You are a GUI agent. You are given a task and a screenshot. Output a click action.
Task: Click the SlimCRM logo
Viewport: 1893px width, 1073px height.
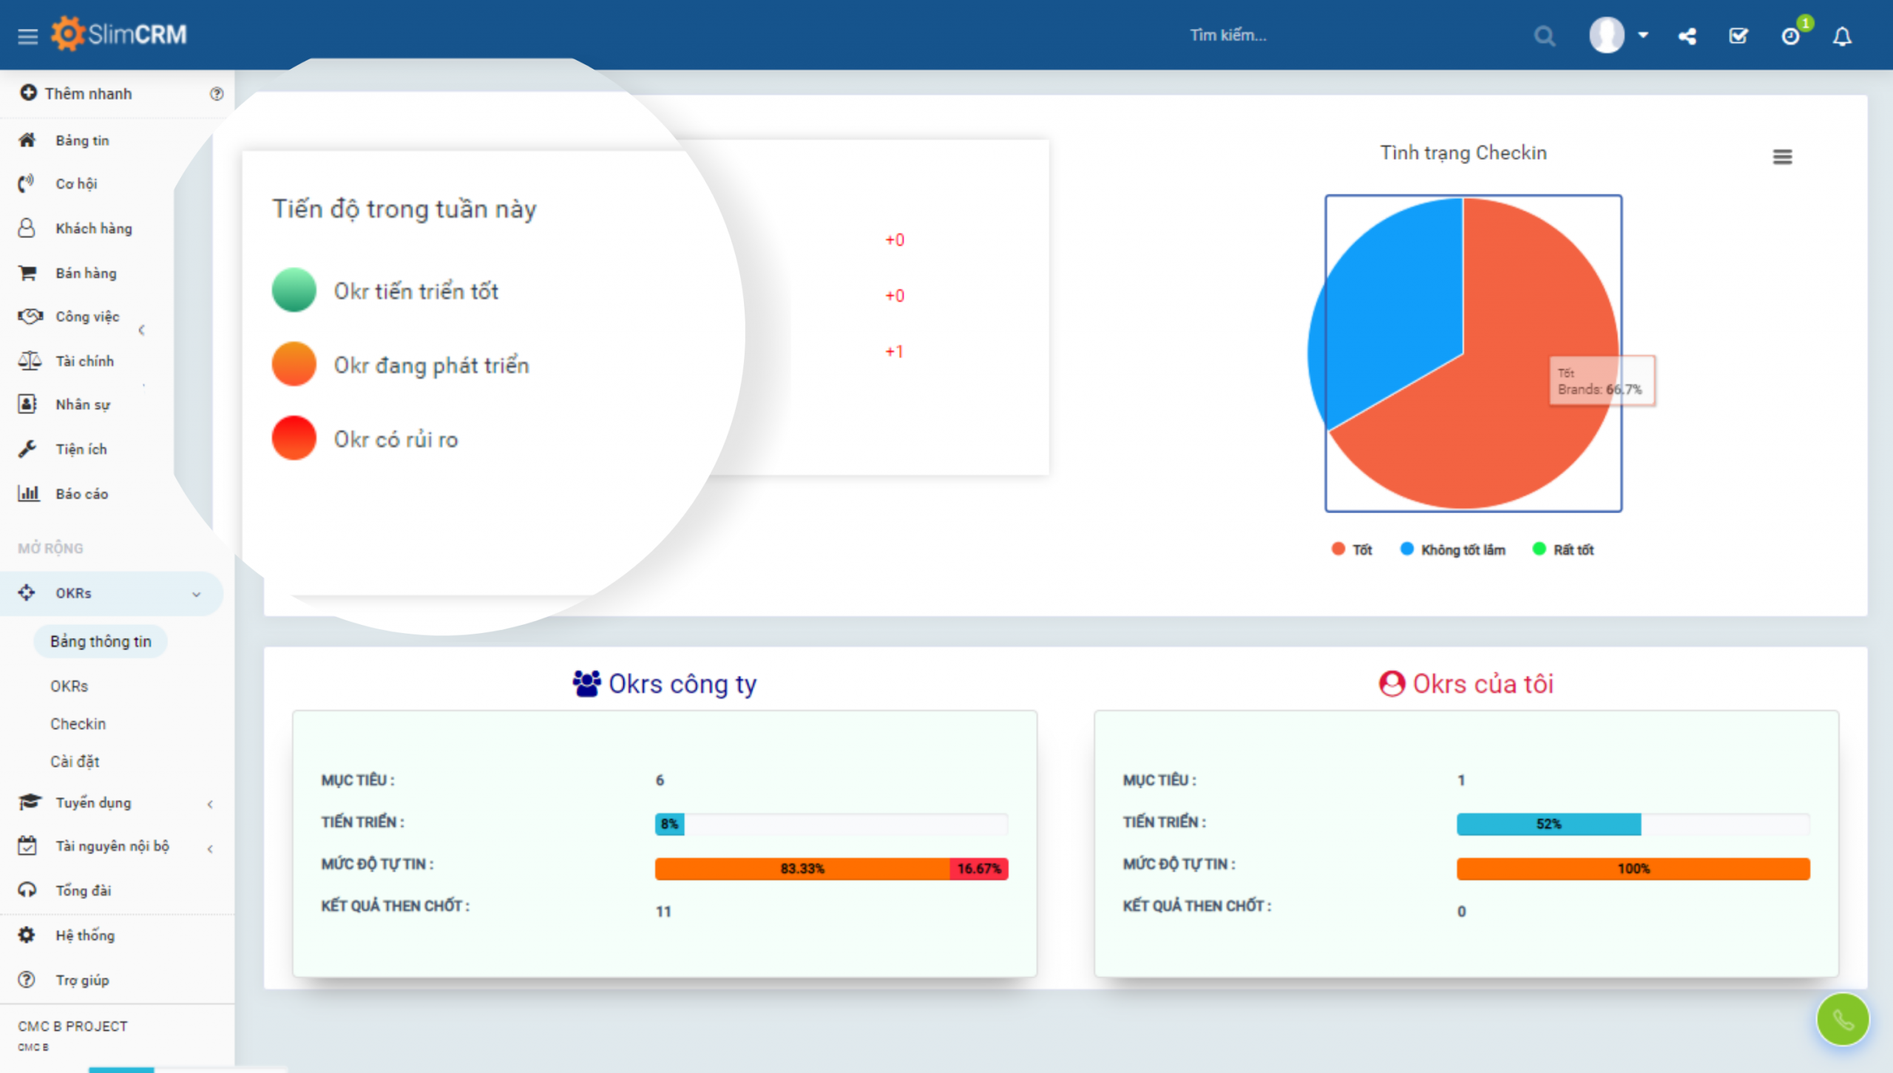(120, 34)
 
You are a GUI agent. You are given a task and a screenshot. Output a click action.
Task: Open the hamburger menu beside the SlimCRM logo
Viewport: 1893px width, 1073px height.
(27, 35)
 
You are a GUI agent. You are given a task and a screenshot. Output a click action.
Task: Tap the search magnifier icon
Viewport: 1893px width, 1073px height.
(1543, 35)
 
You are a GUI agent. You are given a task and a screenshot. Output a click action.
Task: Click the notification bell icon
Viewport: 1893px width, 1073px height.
(1842, 36)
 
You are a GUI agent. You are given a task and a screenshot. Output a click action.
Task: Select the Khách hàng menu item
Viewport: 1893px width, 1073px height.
(93, 229)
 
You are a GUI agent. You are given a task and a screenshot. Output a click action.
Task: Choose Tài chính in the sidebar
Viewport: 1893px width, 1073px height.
(84, 361)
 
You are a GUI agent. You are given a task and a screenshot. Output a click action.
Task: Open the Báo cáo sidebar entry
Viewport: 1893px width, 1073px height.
(81, 494)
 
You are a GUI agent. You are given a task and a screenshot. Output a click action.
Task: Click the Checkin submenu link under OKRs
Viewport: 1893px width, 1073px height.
(78, 724)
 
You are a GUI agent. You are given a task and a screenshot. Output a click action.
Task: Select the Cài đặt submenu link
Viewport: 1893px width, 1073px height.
(74, 762)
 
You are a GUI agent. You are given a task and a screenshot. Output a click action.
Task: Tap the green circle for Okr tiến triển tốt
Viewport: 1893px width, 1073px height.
(294, 290)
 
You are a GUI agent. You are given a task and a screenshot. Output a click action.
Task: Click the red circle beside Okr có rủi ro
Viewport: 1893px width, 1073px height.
(294, 438)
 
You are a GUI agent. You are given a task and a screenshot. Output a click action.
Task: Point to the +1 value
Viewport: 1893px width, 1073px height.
(894, 351)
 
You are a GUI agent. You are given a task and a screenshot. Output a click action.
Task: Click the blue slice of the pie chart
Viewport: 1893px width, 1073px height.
(1390, 311)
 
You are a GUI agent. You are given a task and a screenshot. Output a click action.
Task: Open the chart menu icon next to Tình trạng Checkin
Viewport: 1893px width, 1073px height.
(1782, 157)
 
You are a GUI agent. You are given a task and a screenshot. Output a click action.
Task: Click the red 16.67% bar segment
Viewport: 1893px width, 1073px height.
(978, 868)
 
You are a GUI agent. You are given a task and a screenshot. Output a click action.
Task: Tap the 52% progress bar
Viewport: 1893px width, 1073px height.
(1548, 824)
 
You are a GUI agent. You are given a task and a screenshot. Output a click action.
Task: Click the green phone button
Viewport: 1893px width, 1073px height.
(1842, 1020)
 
